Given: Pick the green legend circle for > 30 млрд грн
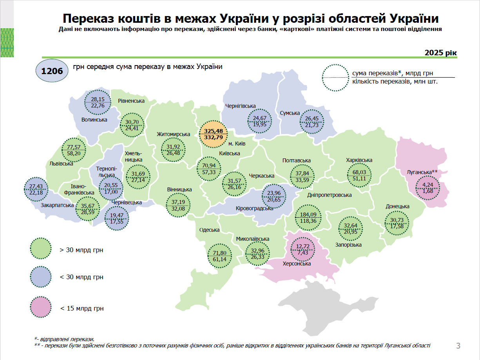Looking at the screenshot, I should pos(41,249).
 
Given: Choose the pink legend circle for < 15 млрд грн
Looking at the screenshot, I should pos(41,308).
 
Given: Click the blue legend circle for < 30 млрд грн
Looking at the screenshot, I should pos(41,277).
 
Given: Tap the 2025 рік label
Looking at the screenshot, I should pos(440,53).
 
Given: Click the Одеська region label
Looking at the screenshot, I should pos(209,230).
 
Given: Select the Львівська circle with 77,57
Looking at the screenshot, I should pos(74,150).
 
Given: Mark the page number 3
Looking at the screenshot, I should pos(458,345).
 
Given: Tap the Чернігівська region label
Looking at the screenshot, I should pos(240,106).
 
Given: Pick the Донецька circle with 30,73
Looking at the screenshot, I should pos(397,223).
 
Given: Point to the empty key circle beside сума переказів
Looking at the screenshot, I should pos(335,78).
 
